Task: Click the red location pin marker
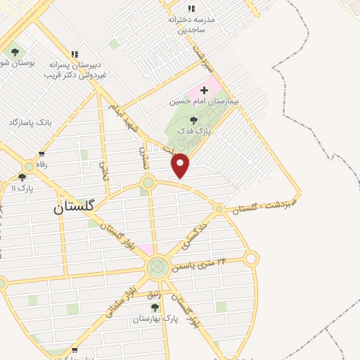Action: (181, 166)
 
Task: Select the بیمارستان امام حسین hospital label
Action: (204, 101)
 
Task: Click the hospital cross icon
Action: (204, 90)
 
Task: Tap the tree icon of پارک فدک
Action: (193, 120)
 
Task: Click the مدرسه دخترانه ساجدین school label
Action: (190, 25)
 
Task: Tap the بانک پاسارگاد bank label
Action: (31, 122)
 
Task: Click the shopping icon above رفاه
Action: (41, 154)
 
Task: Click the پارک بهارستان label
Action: (155, 319)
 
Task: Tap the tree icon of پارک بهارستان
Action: (155, 307)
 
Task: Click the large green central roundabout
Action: (157, 267)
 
